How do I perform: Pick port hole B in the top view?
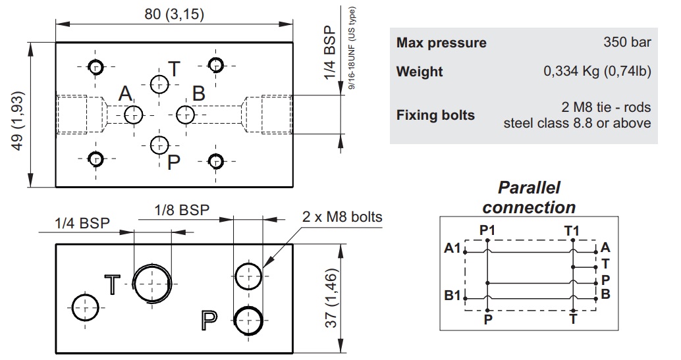(x=185, y=114)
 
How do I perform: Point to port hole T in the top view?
(x=159, y=84)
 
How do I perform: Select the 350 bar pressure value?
(x=627, y=43)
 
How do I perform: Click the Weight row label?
(x=420, y=72)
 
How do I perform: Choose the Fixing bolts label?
(x=435, y=115)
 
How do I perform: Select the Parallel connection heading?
(x=529, y=197)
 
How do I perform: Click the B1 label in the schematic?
(x=452, y=294)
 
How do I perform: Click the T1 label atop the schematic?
(x=572, y=230)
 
